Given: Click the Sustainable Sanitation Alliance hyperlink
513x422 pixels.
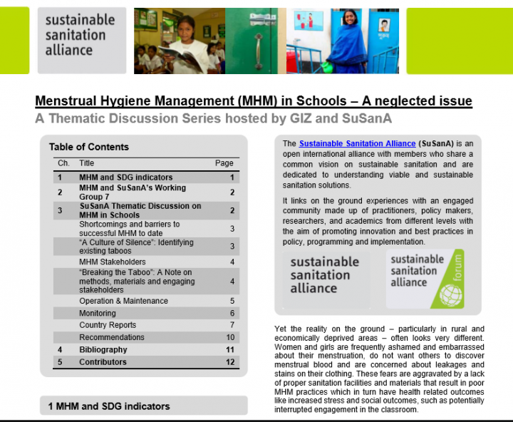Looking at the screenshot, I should coord(354,144).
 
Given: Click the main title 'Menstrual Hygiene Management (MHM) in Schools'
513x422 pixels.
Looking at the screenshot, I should coord(254,101).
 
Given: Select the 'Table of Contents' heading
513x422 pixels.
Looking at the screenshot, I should coord(89,147).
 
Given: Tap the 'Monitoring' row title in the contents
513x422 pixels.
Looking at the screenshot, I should coord(98,314).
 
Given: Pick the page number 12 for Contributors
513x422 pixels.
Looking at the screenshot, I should coord(229,362).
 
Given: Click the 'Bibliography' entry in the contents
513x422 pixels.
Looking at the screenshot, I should coord(103,350).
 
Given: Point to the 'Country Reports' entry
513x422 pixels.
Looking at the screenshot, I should coord(108,326).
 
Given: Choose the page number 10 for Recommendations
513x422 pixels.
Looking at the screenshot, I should coord(229,338).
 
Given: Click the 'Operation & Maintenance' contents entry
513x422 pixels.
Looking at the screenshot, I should coord(124,302).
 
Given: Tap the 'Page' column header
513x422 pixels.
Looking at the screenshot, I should coord(224,163).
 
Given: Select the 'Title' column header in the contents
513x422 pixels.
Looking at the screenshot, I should coord(87,163).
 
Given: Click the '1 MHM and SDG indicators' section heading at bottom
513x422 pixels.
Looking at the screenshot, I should coord(109,406).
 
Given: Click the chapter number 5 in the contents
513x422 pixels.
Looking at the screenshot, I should coord(61,362).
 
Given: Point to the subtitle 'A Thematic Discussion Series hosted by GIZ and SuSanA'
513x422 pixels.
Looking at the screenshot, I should coord(214,118).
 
